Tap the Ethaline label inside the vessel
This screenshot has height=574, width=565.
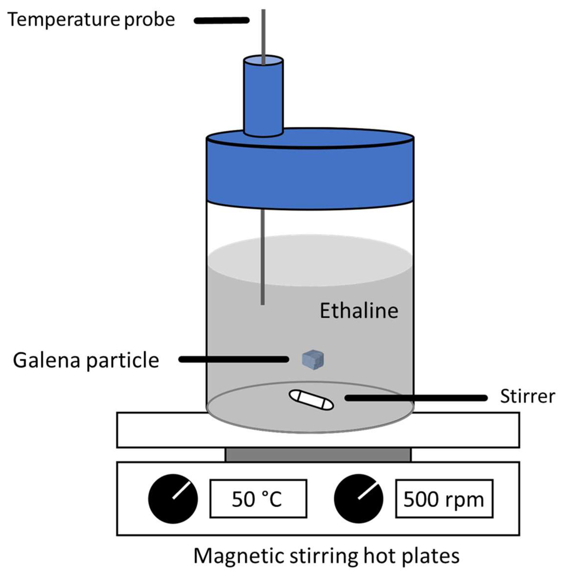[359, 311]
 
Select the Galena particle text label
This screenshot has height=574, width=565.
[86, 360]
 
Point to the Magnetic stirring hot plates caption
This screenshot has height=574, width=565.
[326, 555]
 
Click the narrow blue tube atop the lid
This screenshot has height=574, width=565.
[263, 98]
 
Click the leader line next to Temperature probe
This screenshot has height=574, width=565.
[221, 20]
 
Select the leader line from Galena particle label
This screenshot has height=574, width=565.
[234, 359]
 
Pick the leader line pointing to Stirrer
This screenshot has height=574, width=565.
[415, 398]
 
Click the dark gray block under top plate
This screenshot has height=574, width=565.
[318, 455]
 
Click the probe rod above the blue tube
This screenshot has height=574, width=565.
[263, 33]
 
